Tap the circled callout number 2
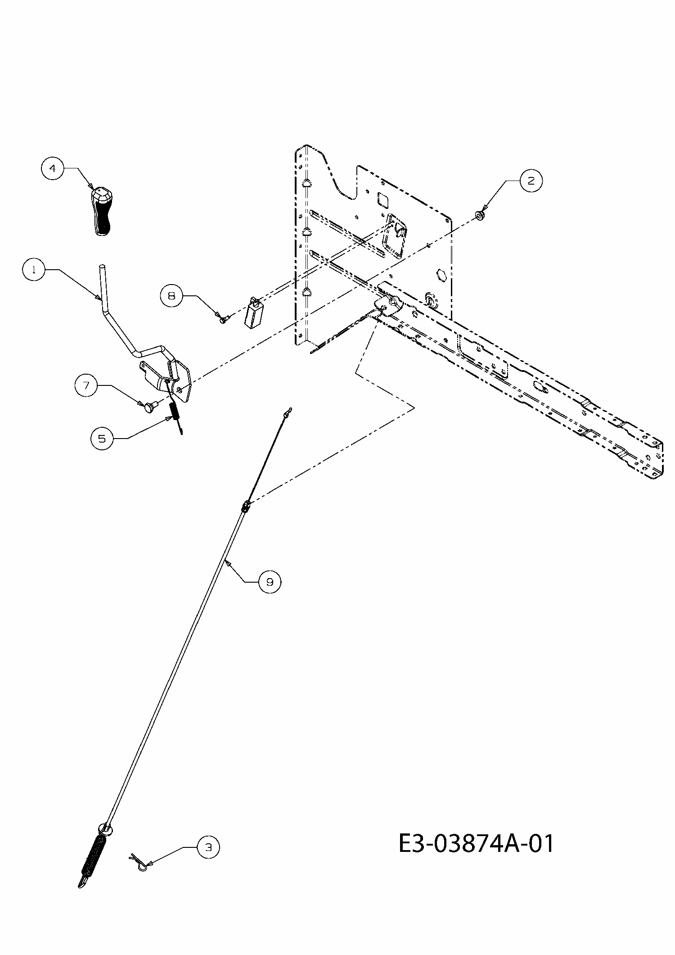tap(531, 181)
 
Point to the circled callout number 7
tap(86, 385)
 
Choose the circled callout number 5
tap(102, 438)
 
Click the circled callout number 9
tap(270, 582)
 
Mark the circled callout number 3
tap(208, 847)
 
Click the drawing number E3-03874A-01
tap(476, 843)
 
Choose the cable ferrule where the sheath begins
tap(246, 507)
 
